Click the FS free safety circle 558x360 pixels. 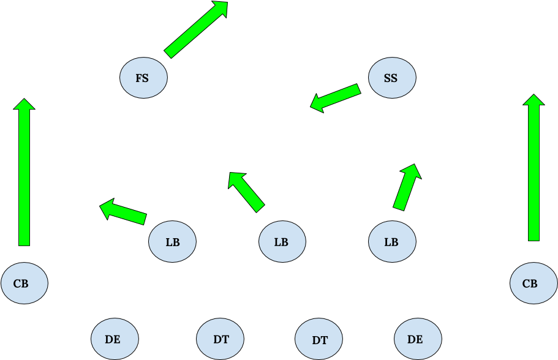click(x=143, y=78)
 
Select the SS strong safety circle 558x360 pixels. click(x=392, y=78)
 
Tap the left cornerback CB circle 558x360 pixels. click(x=24, y=283)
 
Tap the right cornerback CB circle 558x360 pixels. click(x=533, y=283)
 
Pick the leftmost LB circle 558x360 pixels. click(x=172, y=242)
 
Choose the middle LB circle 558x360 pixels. click(x=282, y=242)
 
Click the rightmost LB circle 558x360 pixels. click(x=392, y=242)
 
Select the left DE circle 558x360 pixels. click(x=114, y=339)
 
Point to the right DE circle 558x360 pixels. click(x=417, y=339)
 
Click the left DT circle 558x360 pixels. click(x=221, y=339)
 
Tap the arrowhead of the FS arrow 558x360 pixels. click(x=219, y=9)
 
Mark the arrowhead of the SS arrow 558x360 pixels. click(x=317, y=102)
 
